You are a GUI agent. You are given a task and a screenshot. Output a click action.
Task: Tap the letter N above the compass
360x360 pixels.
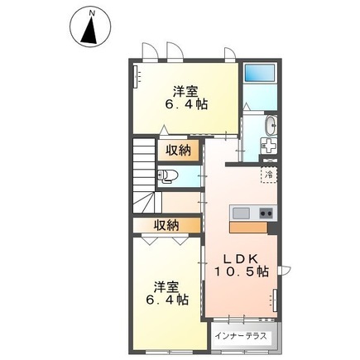pyautogui.click(x=92, y=12)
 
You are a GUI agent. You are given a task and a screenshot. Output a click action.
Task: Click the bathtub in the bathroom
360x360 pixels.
pyautogui.click(x=260, y=73)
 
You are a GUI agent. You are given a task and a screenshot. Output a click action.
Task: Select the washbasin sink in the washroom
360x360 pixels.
pyautogui.click(x=271, y=126)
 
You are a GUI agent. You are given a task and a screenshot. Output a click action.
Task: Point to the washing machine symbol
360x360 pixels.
pyautogui.click(x=269, y=146)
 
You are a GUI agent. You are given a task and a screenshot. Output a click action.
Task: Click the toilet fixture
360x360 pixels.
pyautogui.click(x=167, y=176)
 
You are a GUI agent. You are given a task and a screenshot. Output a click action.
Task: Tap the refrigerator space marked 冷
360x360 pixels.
pyautogui.click(x=269, y=175)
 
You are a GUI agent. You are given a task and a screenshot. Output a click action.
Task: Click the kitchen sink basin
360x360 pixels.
pyautogui.click(x=242, y=214)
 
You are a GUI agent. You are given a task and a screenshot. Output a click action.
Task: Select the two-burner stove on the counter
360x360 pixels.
pyautogui.click(x=266, y=214)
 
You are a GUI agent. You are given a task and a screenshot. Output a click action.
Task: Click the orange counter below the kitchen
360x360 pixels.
pyautogui.click(x=248, y=228)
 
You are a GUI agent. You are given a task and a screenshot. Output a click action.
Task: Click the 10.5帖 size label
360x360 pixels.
pyautogui.click(x=242, y=272)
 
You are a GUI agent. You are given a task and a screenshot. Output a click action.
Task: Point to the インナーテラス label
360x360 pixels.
pyautogui.click(x=241, y=336)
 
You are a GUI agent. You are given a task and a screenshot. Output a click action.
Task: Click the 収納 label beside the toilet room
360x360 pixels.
pyautogui.click(x=178, y=151)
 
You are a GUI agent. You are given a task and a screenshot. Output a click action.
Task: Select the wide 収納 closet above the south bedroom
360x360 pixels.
pyautogui.click(x=166, y=226)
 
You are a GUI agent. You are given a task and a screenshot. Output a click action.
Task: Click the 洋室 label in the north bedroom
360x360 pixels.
pyautogui.click(x=185, y=92)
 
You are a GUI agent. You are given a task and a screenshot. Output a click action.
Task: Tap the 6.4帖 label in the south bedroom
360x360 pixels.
pyautogui.click(x=167, y=300)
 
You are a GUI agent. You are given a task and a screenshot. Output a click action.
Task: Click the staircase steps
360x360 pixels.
pyautogui.click(x=144, y=175)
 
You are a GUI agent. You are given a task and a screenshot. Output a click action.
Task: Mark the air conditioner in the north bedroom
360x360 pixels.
pyautogui.click(x=136, y=76)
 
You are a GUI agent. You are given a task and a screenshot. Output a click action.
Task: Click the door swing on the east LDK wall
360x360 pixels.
pyautogui.click(x=286, y=270)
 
